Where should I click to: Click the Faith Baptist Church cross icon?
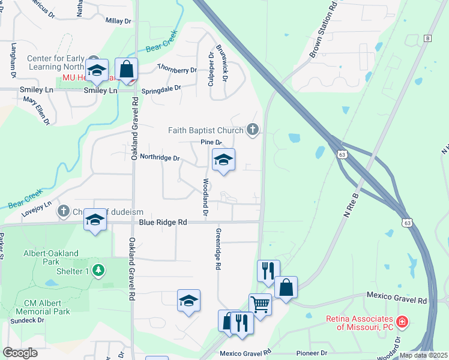click(x=253, y=129)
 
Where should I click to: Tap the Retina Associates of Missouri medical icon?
click(x=402, y=322)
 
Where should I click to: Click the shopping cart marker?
click(x=261, y=304)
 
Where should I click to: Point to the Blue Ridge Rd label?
click(x=163, y=222)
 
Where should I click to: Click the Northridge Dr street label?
click(x=160, y=157)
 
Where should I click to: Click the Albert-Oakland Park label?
click(x=51, y=258)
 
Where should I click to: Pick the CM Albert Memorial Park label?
click(x=47, y=307)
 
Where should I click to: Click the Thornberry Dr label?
click(x=176, y=70)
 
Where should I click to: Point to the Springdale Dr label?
click(x=161, y=91)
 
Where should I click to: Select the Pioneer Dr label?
click(x=315, y=353)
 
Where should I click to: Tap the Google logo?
click(x=20, y=353)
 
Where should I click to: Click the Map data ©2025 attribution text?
click(x=423, y=355)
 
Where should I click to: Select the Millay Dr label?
click(x=118, y=20)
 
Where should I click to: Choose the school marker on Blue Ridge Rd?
click(x=95, y=221)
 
